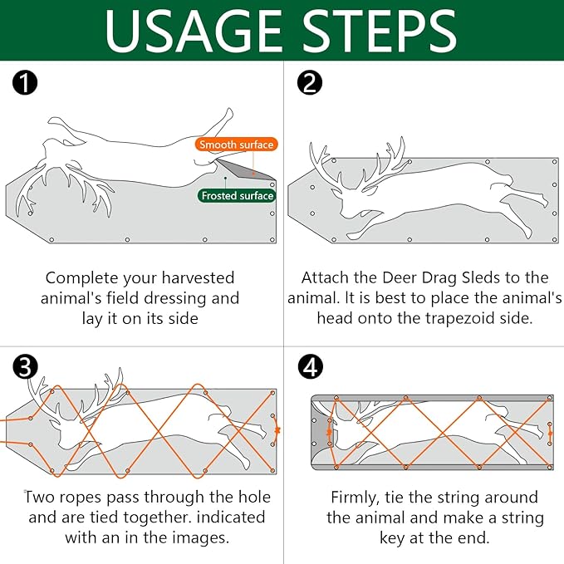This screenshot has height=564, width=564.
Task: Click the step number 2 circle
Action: click(x=308, y=83)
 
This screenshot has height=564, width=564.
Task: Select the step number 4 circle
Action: click(x=310, y=366)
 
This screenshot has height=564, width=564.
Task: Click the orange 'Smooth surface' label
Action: click(x=236, y=145)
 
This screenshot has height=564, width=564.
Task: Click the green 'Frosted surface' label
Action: click(x=236, y=196)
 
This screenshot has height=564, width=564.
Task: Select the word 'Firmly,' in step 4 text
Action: click(x=360, y=498)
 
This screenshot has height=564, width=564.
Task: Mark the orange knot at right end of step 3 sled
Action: click(x=277, y=430)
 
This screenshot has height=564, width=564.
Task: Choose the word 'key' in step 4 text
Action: click(x=347, y=538)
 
